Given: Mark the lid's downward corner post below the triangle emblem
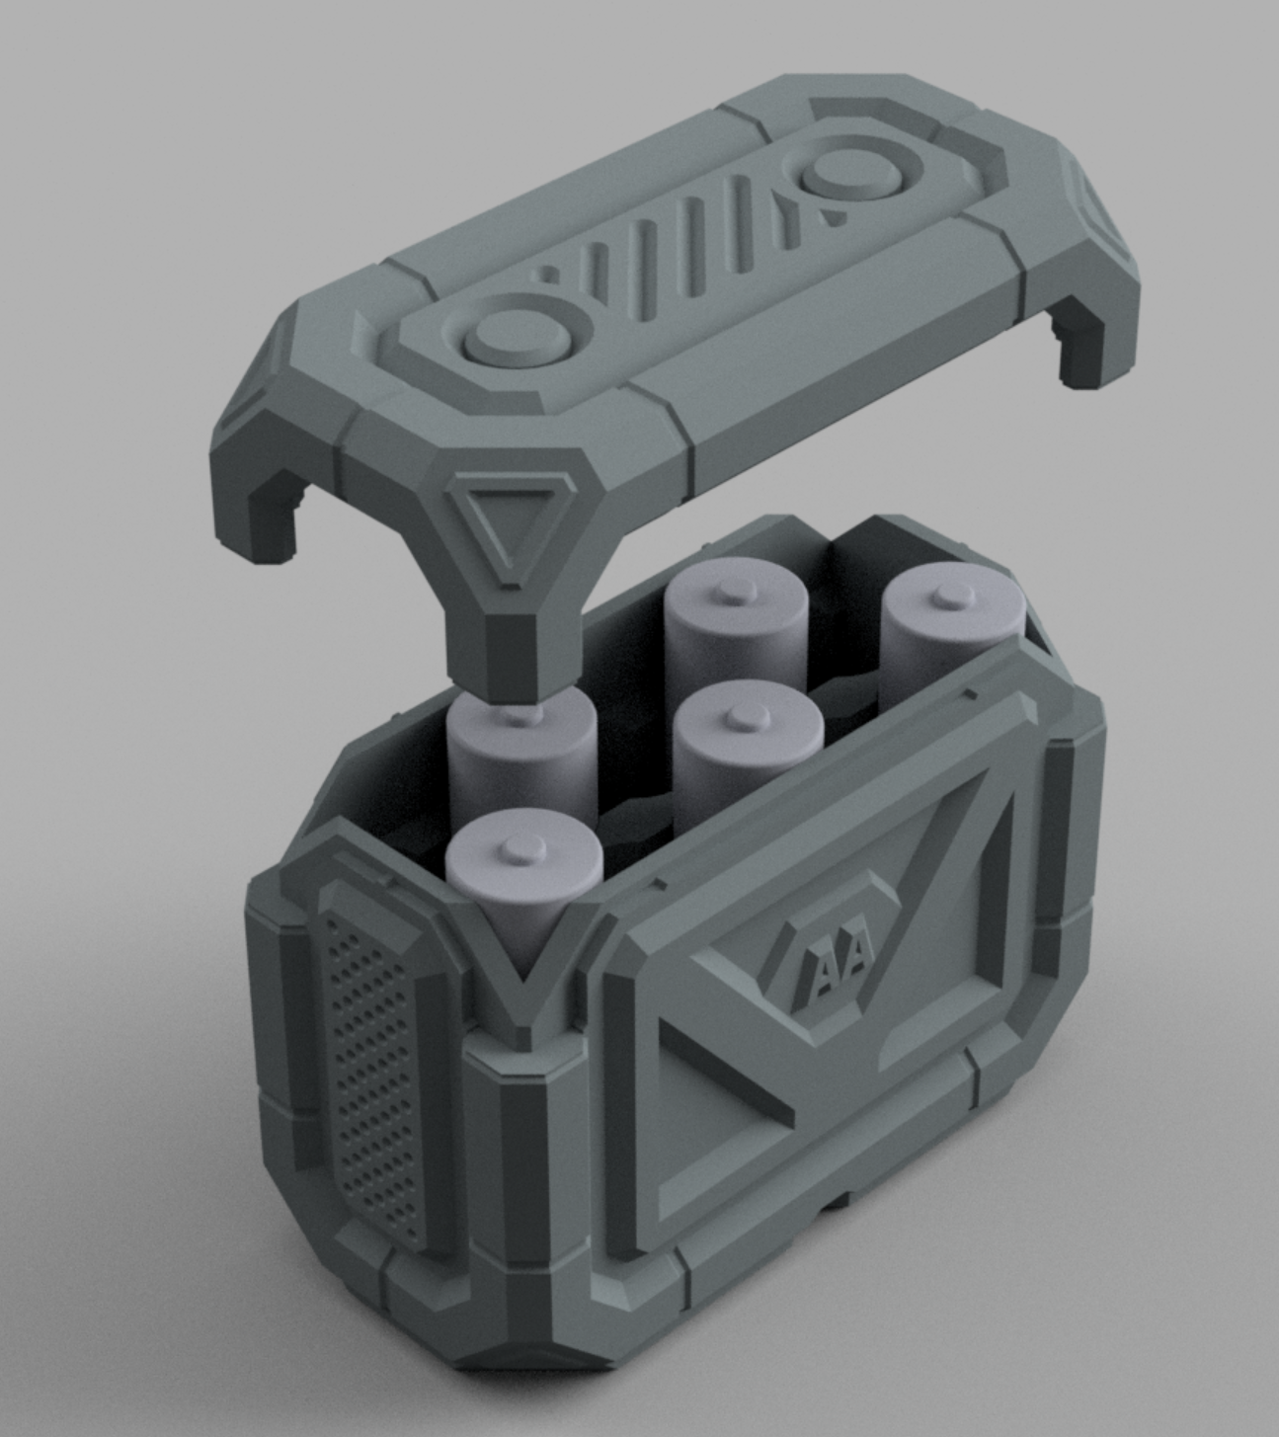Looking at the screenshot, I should pos(494,642).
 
